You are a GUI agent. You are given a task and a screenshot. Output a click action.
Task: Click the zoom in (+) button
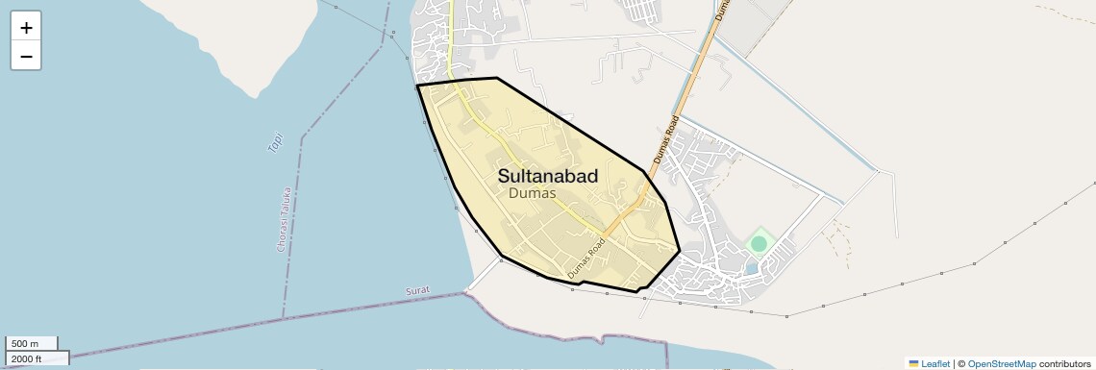point(26,28)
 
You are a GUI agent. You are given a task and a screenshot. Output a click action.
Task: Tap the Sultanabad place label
point(547,176)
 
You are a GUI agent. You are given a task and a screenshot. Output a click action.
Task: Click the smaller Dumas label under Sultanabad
point(532,194)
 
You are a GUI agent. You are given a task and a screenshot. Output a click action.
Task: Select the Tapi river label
point(276,142)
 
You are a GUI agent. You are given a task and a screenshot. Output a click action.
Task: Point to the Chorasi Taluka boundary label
point(283,219)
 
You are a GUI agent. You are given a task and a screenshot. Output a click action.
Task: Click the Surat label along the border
point(417,290)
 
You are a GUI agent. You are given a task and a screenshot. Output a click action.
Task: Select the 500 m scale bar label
point(25,344)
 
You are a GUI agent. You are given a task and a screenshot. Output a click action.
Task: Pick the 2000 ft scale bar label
point(27,358)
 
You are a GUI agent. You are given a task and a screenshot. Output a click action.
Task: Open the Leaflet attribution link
point(935,363)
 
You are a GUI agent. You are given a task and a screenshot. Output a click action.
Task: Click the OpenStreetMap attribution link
point(1001,363)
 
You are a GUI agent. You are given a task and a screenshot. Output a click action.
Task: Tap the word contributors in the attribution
point(1064,363)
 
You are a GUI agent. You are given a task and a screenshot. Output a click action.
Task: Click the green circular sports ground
point(760,244)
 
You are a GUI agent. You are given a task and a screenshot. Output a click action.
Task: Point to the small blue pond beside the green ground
point(751,268)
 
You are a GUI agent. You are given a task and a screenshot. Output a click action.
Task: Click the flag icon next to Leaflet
point(914,363)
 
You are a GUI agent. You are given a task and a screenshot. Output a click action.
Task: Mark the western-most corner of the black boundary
point(417,86)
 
